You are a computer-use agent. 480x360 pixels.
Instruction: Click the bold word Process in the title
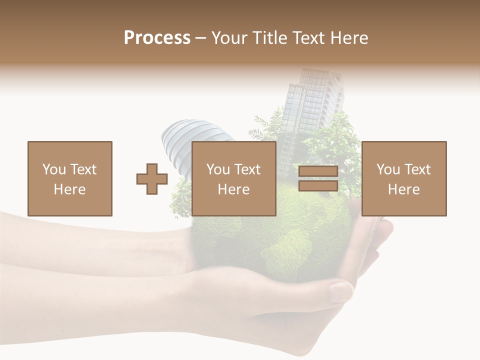click(157, 38)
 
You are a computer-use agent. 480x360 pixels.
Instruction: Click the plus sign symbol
click(152, 178)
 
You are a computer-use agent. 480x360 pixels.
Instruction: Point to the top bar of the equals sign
click(318, 171)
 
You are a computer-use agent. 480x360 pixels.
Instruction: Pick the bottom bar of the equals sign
click(318, 185)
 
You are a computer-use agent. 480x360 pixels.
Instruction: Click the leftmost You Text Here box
click(69, 178)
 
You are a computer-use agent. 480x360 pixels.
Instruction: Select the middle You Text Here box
click(233, 178)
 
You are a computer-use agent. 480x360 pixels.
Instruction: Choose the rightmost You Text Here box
click(403, 178)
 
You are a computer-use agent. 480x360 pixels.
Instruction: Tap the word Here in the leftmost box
click(69, 189)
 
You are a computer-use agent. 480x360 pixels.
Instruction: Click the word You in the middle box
click(218, 169)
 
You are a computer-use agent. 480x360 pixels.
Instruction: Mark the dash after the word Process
click(201, 38)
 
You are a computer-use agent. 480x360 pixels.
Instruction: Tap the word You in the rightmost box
click(388, 169)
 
